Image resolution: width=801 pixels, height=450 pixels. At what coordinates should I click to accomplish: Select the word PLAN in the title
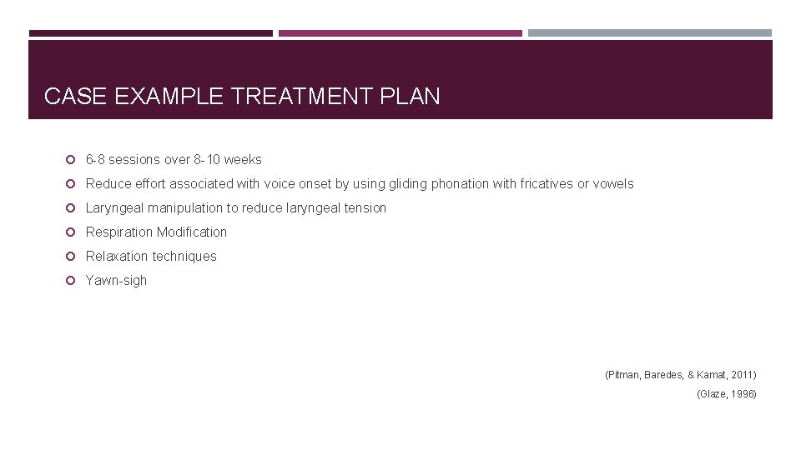click(x=410, y=97)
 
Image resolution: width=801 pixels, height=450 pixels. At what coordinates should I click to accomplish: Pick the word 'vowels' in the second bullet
click(x=613, y=183)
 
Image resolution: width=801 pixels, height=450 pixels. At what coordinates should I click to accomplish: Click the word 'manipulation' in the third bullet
click(x=185, y=207)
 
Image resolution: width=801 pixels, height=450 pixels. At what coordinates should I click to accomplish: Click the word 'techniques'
click(x=185, y=256)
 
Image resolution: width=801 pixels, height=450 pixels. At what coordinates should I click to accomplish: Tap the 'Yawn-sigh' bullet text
click(x=116, y=280)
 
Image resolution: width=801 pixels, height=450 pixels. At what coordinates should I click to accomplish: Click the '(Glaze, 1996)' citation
click(x=726, y=393)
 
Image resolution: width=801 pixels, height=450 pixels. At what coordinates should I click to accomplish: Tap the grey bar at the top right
click(x=650, y=33)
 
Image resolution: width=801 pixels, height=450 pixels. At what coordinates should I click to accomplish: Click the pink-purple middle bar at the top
click(x=400, y=33)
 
